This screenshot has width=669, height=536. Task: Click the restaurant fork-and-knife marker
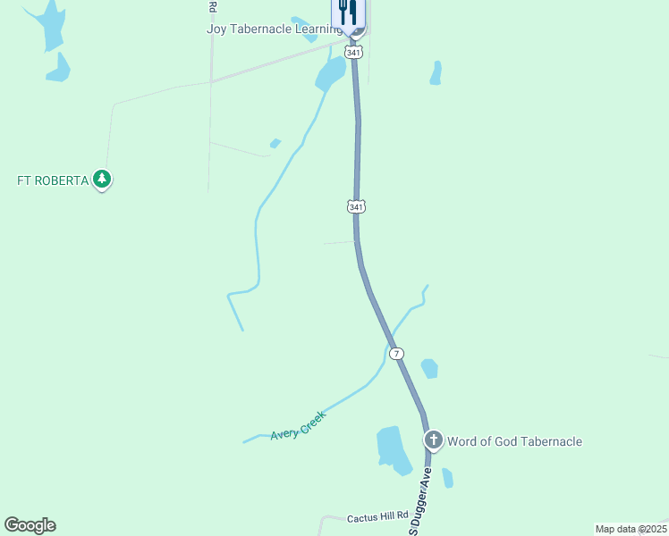coord(348,13)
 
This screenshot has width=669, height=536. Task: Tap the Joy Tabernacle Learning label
coord(273,29)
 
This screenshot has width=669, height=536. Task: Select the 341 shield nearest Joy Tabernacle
coord(355,54)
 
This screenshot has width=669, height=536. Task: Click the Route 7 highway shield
coord(397,354)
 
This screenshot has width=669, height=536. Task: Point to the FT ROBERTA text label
coord(53,180)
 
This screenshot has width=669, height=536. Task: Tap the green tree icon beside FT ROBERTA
coord(103,180)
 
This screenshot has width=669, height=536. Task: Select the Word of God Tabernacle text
coord(514,441)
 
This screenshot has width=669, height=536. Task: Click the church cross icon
coord(434,440)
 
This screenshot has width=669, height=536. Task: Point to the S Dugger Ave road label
coord(421,499)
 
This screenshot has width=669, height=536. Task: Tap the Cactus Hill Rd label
coord(377,516)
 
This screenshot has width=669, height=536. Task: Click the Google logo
coord(30,524)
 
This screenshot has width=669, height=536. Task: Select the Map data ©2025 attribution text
coord(631,529)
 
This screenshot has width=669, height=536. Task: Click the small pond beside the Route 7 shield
coord(429,368)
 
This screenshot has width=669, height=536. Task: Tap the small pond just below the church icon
coord(447,478)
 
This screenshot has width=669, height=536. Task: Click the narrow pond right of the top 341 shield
coord(436,73)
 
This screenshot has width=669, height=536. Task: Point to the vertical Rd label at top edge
coord(212,7)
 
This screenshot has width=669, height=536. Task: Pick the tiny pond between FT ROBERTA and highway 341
coord(275,143)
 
